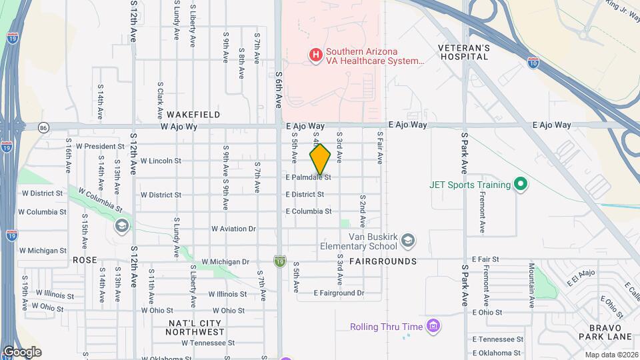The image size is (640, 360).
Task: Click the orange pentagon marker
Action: [320, 160]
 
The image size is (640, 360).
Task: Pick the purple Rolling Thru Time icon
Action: [433, 326]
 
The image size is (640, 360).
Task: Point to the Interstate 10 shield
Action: [533, 62]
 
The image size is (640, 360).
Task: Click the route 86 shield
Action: [43, 127]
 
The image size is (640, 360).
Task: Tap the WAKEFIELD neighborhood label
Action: [194, 115]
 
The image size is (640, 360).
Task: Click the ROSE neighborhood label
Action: [85, 260]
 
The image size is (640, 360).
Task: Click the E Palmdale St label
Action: [308, 177]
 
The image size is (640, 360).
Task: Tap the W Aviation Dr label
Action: [233, 229]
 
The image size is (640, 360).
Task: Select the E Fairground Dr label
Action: [339, 293]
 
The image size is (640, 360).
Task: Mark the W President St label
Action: [100, 146]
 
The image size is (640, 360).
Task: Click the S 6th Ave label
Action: [278, 90]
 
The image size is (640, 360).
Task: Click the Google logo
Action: [22, 352]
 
